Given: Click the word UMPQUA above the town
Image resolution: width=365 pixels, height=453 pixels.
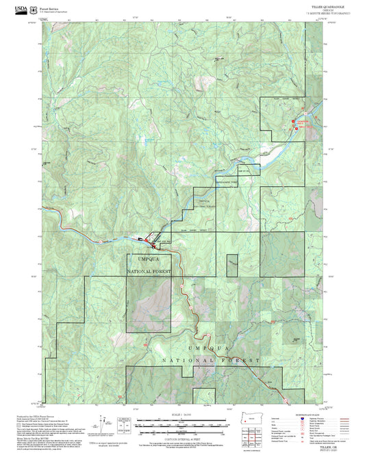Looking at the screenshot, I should click(x=147, y=259).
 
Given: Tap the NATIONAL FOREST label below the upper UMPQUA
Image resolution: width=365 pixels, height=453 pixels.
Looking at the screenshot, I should click(x=147, y=272).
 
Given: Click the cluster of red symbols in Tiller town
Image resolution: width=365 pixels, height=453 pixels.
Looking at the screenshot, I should click(x=147, y=238).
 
